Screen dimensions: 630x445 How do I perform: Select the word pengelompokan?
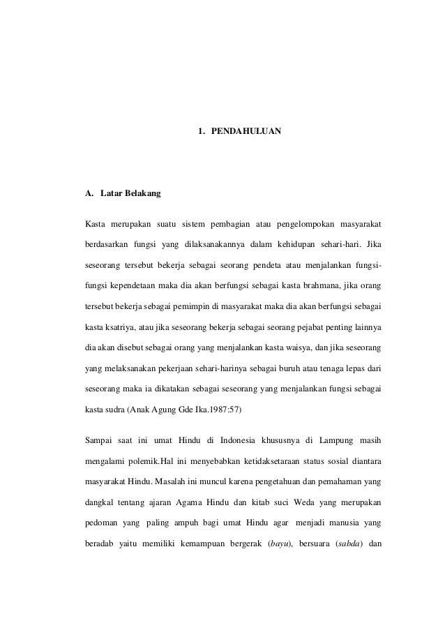point(308,224)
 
